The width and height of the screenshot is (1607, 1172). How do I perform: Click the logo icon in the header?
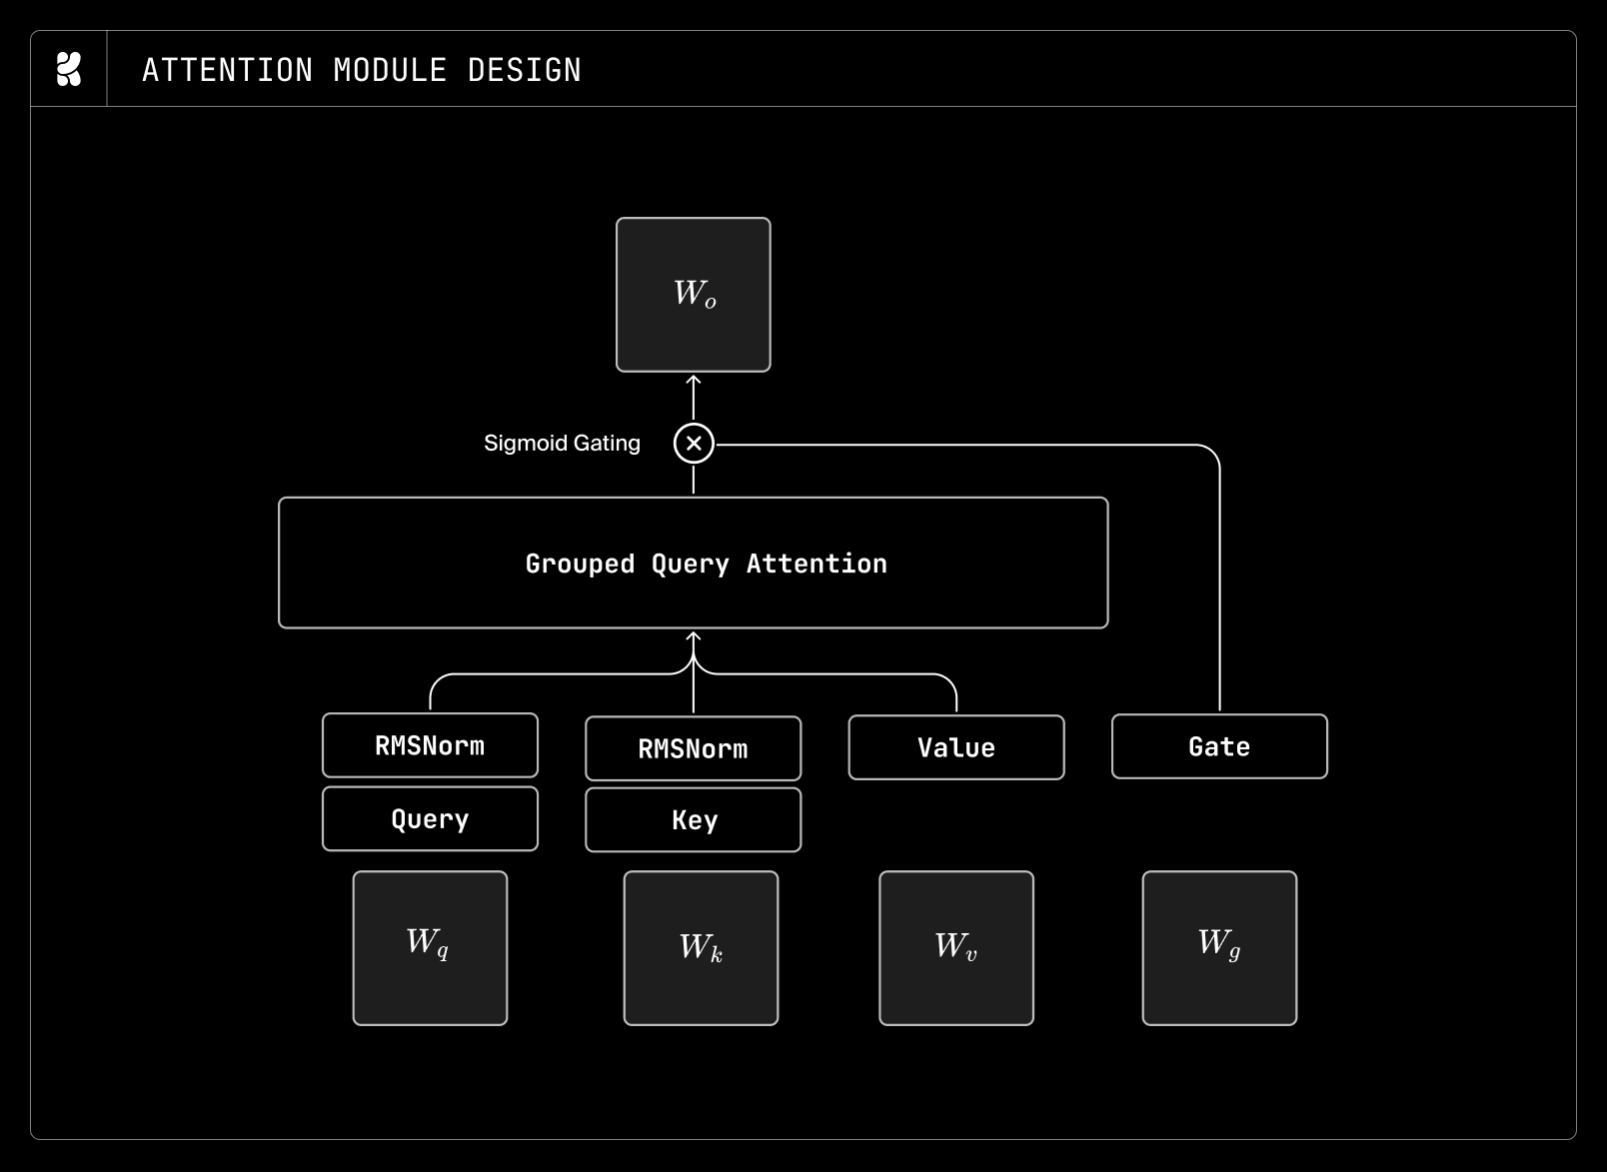point(69,69)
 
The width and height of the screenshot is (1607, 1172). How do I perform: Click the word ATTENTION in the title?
point(228,70)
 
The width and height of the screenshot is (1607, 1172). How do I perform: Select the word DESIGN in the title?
point(524,70)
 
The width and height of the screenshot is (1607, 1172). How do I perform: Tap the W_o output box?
point(693,295)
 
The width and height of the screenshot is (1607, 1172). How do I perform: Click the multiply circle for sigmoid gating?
point(693,444)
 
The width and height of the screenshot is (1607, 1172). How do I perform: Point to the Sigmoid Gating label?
point(562,444)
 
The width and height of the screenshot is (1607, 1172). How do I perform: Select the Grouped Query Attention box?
point(693,564)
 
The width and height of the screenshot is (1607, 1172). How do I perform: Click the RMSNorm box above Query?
point(430,745)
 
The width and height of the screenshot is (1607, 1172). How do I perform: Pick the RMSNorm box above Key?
point(693,748)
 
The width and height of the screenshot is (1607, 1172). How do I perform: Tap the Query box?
point(430,819)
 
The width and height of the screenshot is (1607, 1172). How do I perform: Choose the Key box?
point(693,820)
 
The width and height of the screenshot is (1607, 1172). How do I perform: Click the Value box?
point(956,747)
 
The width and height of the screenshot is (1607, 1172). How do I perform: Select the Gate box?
point(1219,746)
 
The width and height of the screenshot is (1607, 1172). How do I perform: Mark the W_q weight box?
point(430,948)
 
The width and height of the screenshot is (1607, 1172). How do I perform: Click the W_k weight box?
point(701,948)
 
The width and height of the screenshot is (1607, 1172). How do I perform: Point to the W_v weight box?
point(956,948)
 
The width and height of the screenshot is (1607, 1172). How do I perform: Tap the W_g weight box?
point(1219,948)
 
